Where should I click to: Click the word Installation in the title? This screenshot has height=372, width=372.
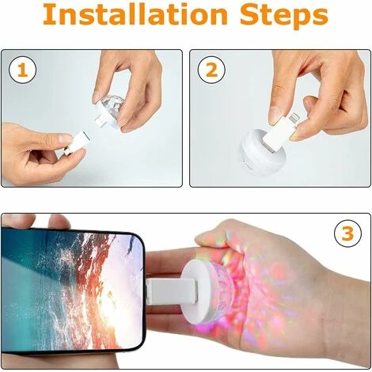point(135,14)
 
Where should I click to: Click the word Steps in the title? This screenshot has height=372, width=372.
point(284,17)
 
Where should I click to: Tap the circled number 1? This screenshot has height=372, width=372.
point(23,70)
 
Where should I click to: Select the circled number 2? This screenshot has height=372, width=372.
point(211,70)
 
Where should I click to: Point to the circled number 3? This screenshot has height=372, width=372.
point(347,233)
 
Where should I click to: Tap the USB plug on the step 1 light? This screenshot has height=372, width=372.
point(100,121)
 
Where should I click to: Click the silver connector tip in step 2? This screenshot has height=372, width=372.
point(294,117)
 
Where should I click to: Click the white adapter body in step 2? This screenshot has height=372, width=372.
point(276,131)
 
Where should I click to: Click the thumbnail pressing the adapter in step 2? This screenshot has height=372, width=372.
point(275,113)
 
